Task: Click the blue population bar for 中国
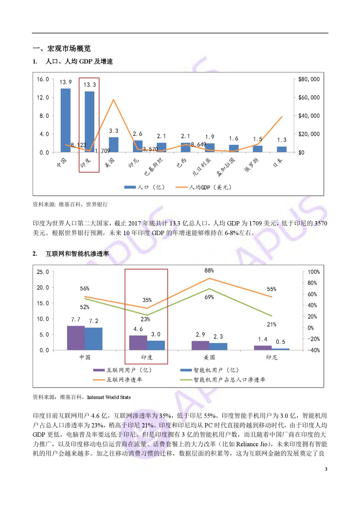(65, 120)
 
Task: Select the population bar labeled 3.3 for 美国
(114, 145)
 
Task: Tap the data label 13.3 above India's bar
(90, 85)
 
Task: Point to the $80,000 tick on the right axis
(309, 79)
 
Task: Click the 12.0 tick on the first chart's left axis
(43, 98)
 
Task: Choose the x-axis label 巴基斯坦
(154, 167)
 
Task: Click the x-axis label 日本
(278, 163)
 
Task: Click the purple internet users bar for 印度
(138, 343)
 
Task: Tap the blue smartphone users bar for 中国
(94, 339)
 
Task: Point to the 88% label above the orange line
(209, 270)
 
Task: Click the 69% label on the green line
(209, 297)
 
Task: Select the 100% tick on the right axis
(313, 272)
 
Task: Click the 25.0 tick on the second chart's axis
(43, 272)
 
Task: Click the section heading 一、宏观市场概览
(62, 49)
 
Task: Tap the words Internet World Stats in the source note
(109, 397)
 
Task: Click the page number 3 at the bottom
(326, 469)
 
